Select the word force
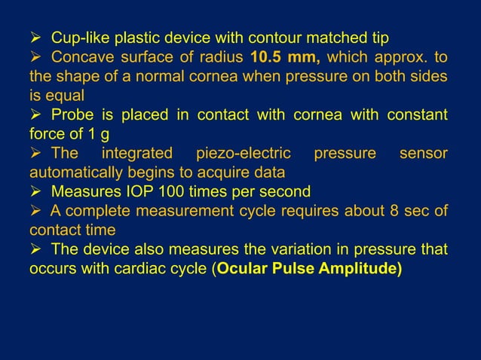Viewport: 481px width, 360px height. tap(46, 134)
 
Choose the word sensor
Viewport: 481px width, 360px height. tap(423, 154)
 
